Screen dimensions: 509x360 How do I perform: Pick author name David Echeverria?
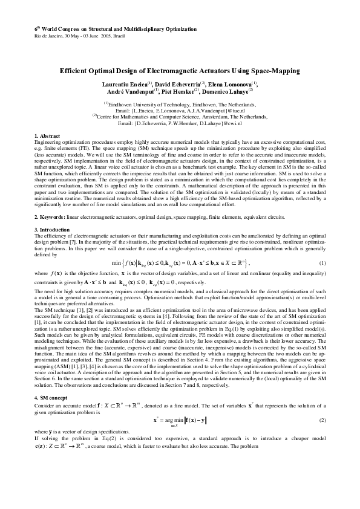coord(179,83)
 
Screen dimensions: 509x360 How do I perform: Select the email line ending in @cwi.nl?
coord(180,123)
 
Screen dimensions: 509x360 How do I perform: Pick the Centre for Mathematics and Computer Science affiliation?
coord(181,117)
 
